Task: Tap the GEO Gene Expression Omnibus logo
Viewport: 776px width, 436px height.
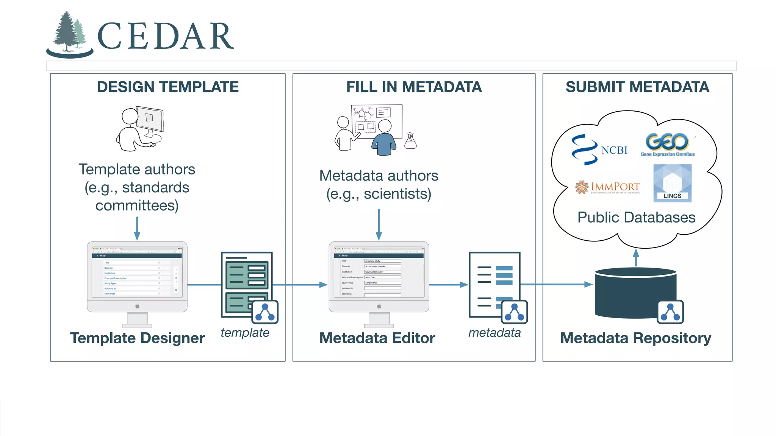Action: tap(668, 145)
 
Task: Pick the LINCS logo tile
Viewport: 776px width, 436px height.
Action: tap(672, 183)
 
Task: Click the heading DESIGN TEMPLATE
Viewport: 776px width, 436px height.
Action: tap(167, 87)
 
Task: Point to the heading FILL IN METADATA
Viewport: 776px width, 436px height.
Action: tap(414, 87)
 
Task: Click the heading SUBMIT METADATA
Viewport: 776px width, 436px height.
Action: tap(637, 87)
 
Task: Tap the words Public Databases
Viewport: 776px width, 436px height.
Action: tap(636, 217)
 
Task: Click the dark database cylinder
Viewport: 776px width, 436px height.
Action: tap(629, 293)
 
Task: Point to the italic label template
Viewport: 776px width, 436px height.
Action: tap(245, 333)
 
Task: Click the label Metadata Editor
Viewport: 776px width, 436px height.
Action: tap(377, 338)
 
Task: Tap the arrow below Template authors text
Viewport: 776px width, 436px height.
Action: tap(137, 228)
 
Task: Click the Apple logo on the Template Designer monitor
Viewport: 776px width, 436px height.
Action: tap(137, 306)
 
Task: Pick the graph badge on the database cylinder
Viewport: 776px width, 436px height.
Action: tap(670, 312)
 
